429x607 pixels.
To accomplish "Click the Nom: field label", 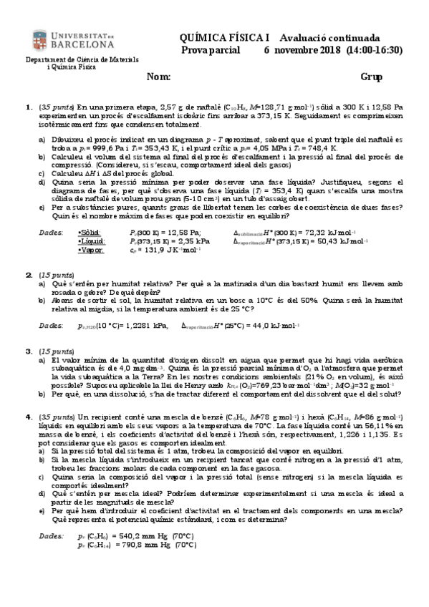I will coord(158,77).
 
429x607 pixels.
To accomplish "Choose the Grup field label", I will coord(371,77).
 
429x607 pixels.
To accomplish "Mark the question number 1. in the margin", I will coord(29,107).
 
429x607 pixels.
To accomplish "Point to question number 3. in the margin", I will coord(29,351).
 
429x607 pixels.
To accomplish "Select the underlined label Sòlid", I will coord(90,232).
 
